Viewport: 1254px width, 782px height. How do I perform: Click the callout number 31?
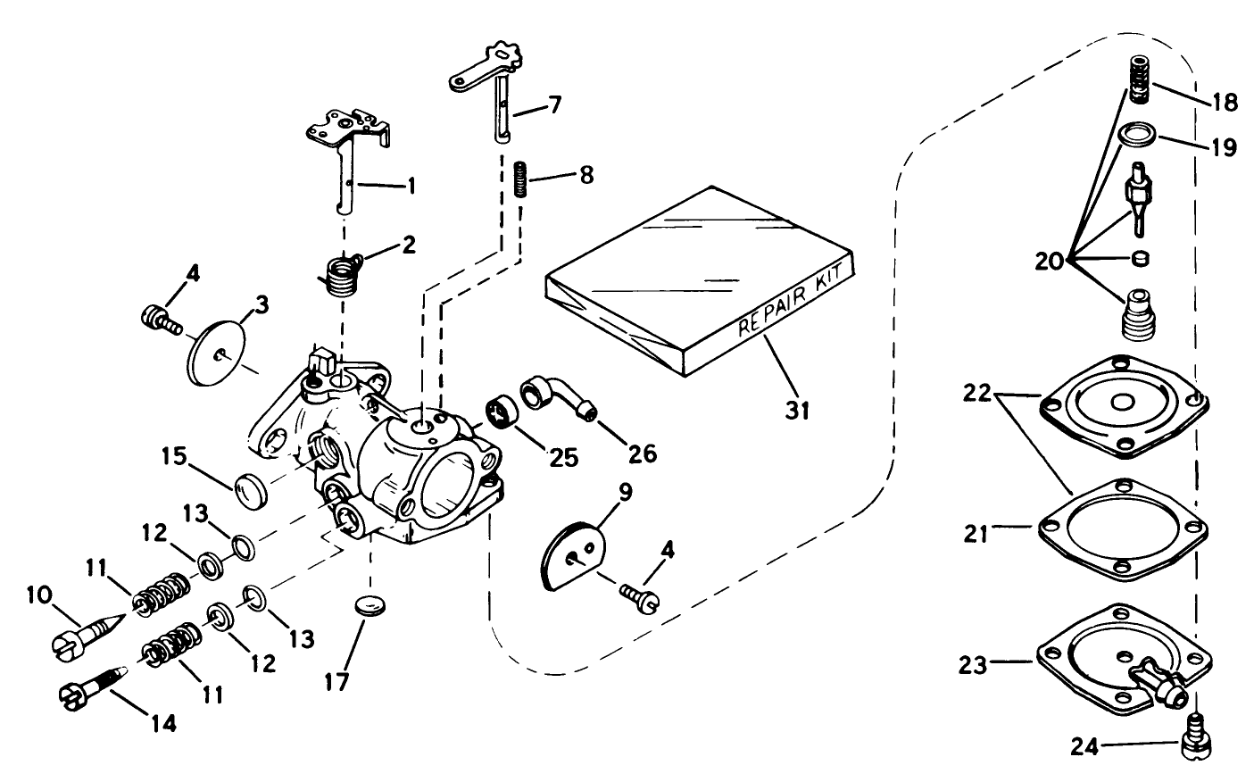coord(796,410)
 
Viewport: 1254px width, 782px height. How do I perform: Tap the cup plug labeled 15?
coord(250,490)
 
